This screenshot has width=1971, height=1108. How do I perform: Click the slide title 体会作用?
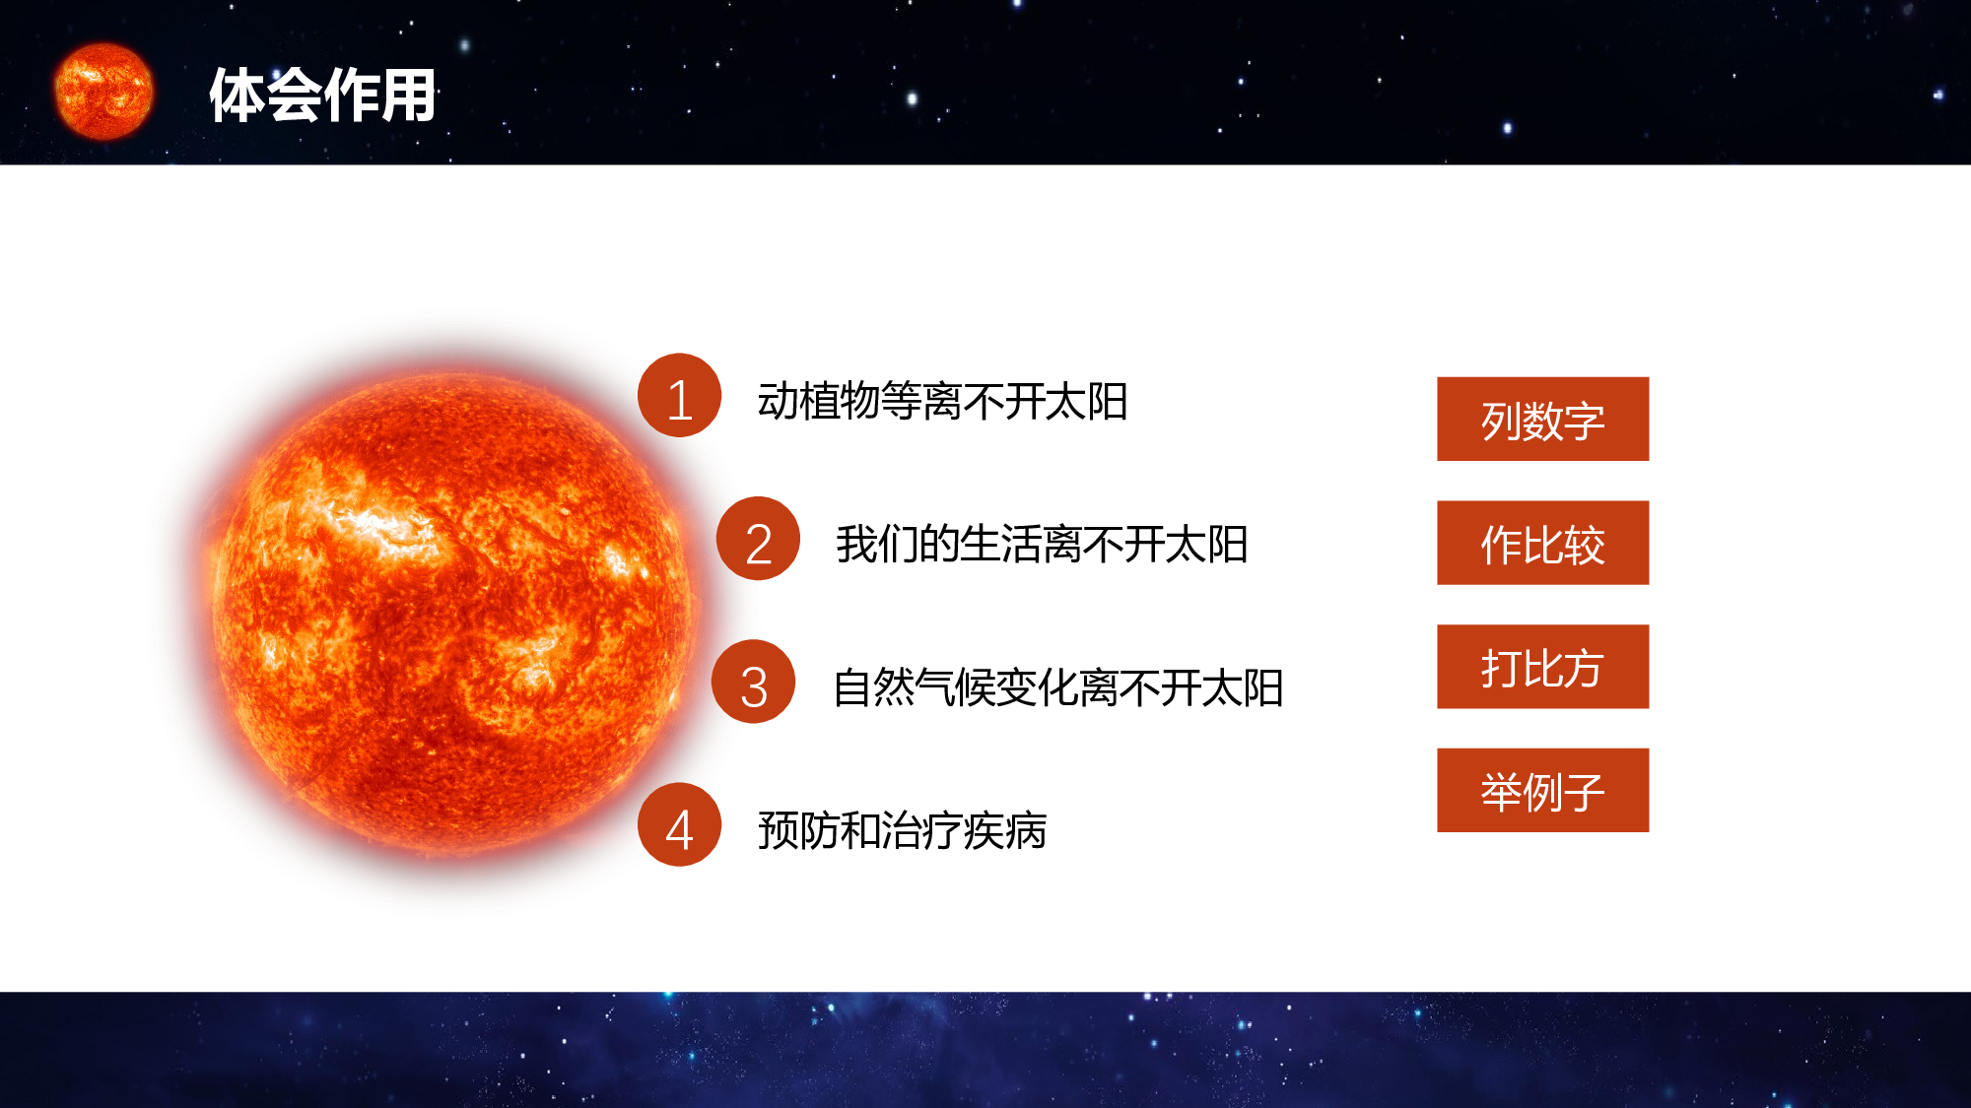[x=322, y=96]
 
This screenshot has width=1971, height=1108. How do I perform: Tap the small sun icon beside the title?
[x=103, y=92]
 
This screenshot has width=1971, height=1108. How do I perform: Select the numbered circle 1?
[x=679, y=396]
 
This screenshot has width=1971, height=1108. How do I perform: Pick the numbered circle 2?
[x=758, y=539]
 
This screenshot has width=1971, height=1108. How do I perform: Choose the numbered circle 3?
[x=754, y=682]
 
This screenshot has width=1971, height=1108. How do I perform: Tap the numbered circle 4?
[x=679, y=825]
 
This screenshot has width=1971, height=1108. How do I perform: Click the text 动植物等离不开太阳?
[x=942, y=402]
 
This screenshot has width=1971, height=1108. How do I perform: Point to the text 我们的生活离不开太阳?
[x=1042, y=545]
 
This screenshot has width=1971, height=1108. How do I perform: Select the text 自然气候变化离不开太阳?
[x=1057, y=687]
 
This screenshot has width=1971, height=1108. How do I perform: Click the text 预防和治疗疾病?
[x=902, y=830]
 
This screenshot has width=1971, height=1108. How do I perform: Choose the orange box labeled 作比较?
[x=1542, y=543]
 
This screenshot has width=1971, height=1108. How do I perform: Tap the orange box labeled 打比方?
[x=1542, y=667]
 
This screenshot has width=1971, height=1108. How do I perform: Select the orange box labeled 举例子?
[x=1542, y=791]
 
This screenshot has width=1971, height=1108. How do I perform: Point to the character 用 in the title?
[x=408, y=96]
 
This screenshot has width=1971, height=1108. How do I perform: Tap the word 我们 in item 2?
[x=877, y=545]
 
